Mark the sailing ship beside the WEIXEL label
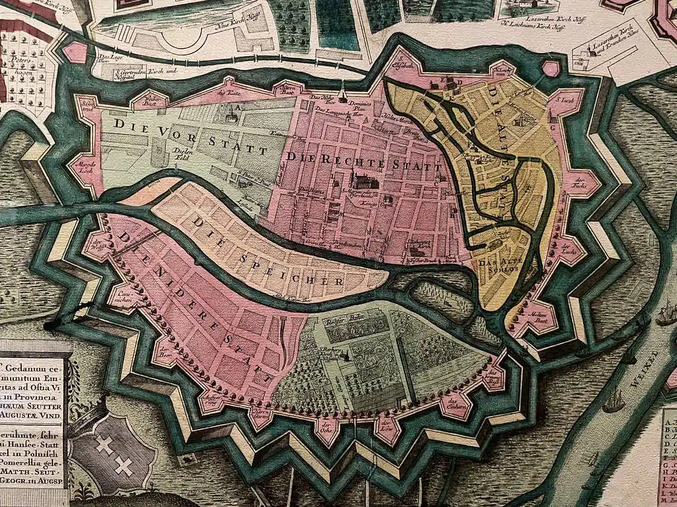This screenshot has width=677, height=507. pyautogui.click(x=614, y=400)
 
